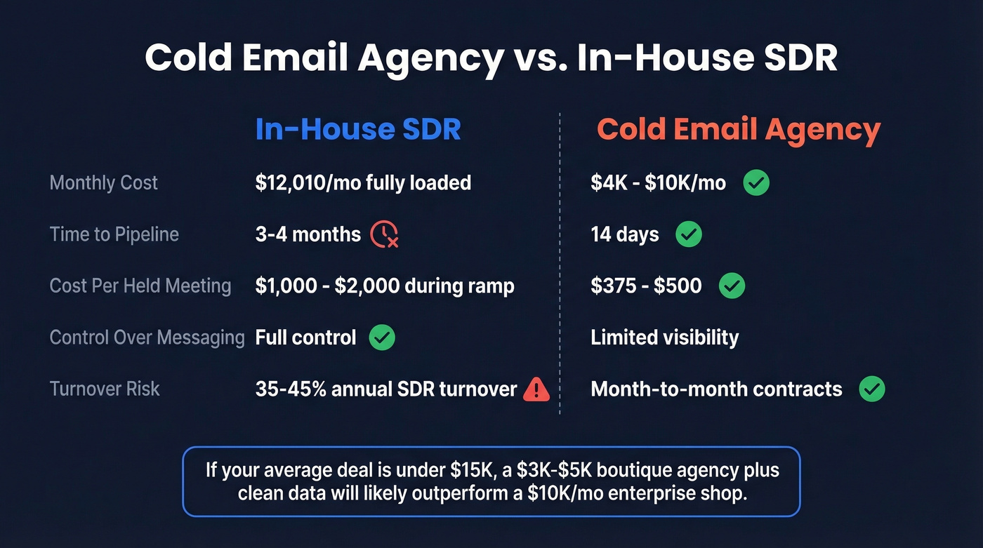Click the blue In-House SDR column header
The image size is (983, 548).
pyautogui.click(x=358, y=130)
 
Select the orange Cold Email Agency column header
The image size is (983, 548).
pyautogui.click(x=739, y=130)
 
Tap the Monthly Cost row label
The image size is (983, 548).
pyautogui.click(x=104, y=183)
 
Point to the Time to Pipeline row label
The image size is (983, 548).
pyautogui.click(x=114, y=234)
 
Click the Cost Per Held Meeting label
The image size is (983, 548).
pyautogui.click(x=140, y=286)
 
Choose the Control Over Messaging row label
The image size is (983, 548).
pyautogui.click(x=147, y=338)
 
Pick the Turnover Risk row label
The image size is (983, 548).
pyautogui.click(x=105, y=389)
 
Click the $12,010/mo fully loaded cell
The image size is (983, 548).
pyautogui.click(x=363, y=183)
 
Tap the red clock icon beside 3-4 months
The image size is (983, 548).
pyautogui.click(x=384, y=234)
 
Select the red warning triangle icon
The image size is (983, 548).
pyautogui.click(x=536, y=389)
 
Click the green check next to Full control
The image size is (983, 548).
pyautogui.click(x=382, y=338)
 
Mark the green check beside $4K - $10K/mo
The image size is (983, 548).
pyautogui.click(x=756, y=183)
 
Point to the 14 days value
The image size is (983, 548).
pyautogui.click(x=625, y=234)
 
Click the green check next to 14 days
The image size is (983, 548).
pyautogui.click(x=688, y=234)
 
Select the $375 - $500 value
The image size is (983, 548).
pyautogui.click(x=646, y=286)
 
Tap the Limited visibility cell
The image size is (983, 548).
pyautogui.click(x=664, y=338)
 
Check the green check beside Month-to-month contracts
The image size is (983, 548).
pyautogui.click(x=872, y=389)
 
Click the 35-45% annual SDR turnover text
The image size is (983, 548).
pyautogui.click(x=386, y=389)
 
